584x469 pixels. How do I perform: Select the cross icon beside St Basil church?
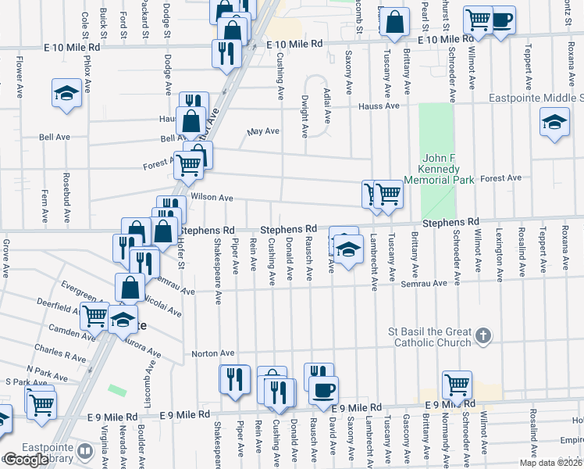[x=483, y=336]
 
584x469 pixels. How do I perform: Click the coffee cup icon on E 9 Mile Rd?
[x=322, y=388]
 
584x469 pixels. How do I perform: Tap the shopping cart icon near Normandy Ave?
[x=457, y=384]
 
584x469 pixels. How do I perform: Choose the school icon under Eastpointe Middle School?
[x=554, y=122]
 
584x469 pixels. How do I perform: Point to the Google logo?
[x=25, y=460]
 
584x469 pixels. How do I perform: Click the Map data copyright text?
[x=551, y=463]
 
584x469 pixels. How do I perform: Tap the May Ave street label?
[x=264, y=131]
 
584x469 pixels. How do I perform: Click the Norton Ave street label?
[x=212, y=354]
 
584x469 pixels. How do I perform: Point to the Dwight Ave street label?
[x=304, y=113]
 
